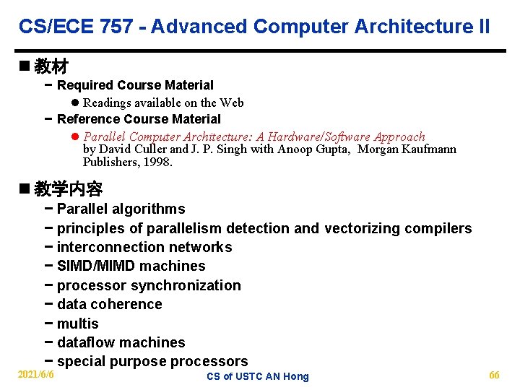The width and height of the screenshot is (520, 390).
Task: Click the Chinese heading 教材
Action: pyautogui.click(x=51, y=67)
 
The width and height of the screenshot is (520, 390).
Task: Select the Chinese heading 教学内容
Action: pyautogui.click(x=68, y=189)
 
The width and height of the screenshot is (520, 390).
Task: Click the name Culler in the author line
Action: pyautogui.click(x=147, y=149)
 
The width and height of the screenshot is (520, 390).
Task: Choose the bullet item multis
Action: pyautogui.click(x=77, y=324)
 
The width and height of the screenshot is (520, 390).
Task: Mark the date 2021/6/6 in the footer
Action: pyautogui.click(x=36, y=376)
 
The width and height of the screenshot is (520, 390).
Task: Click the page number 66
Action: pyautogui.click(x=494, y=376)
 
